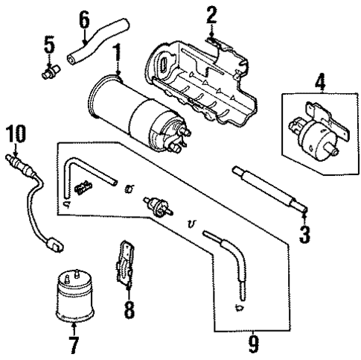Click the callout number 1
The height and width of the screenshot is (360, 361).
coord(116,53)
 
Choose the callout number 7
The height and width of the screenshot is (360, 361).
coord(73,345)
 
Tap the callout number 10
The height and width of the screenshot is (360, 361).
coord(15,135)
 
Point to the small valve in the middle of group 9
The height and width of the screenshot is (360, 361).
coord(156,204)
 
